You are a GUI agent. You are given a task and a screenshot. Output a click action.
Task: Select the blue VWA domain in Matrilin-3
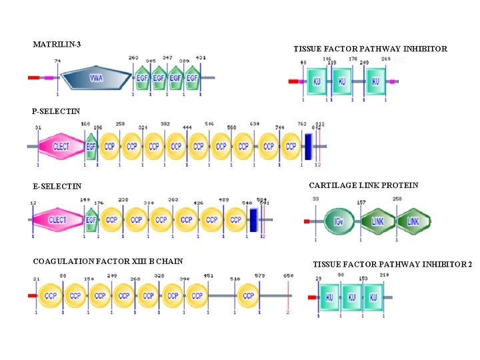click(x=97, y=78)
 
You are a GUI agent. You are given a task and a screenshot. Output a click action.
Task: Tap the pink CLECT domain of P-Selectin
click(x=59, y=146)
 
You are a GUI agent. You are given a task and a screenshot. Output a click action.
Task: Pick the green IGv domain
click(x=340, y=221)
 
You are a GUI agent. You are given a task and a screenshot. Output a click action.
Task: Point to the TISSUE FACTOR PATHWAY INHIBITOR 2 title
click(x=392, y=265)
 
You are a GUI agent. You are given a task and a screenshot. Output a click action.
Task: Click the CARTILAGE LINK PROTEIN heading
click(x=363, y=185)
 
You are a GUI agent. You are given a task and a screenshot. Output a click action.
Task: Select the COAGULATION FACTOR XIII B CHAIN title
click(x=107, y=261)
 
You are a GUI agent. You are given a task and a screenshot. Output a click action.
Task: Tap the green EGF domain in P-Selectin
click(x=92, y=146)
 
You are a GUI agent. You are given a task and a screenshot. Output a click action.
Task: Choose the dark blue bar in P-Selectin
click(x=308, y=146)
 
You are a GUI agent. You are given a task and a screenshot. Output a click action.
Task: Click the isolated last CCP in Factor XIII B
click(x=247, y=295)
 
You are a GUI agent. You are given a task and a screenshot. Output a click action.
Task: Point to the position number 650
click(x=288, y=276)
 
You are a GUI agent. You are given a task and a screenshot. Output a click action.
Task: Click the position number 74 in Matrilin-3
click(x=57, y=61)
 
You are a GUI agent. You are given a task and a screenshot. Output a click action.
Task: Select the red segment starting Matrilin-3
click(x=34, y=78)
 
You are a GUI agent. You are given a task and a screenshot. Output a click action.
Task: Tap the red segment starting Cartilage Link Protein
click(x=307, y=221)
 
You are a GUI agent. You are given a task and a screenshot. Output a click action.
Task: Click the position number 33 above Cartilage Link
click(x=315, y=199)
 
